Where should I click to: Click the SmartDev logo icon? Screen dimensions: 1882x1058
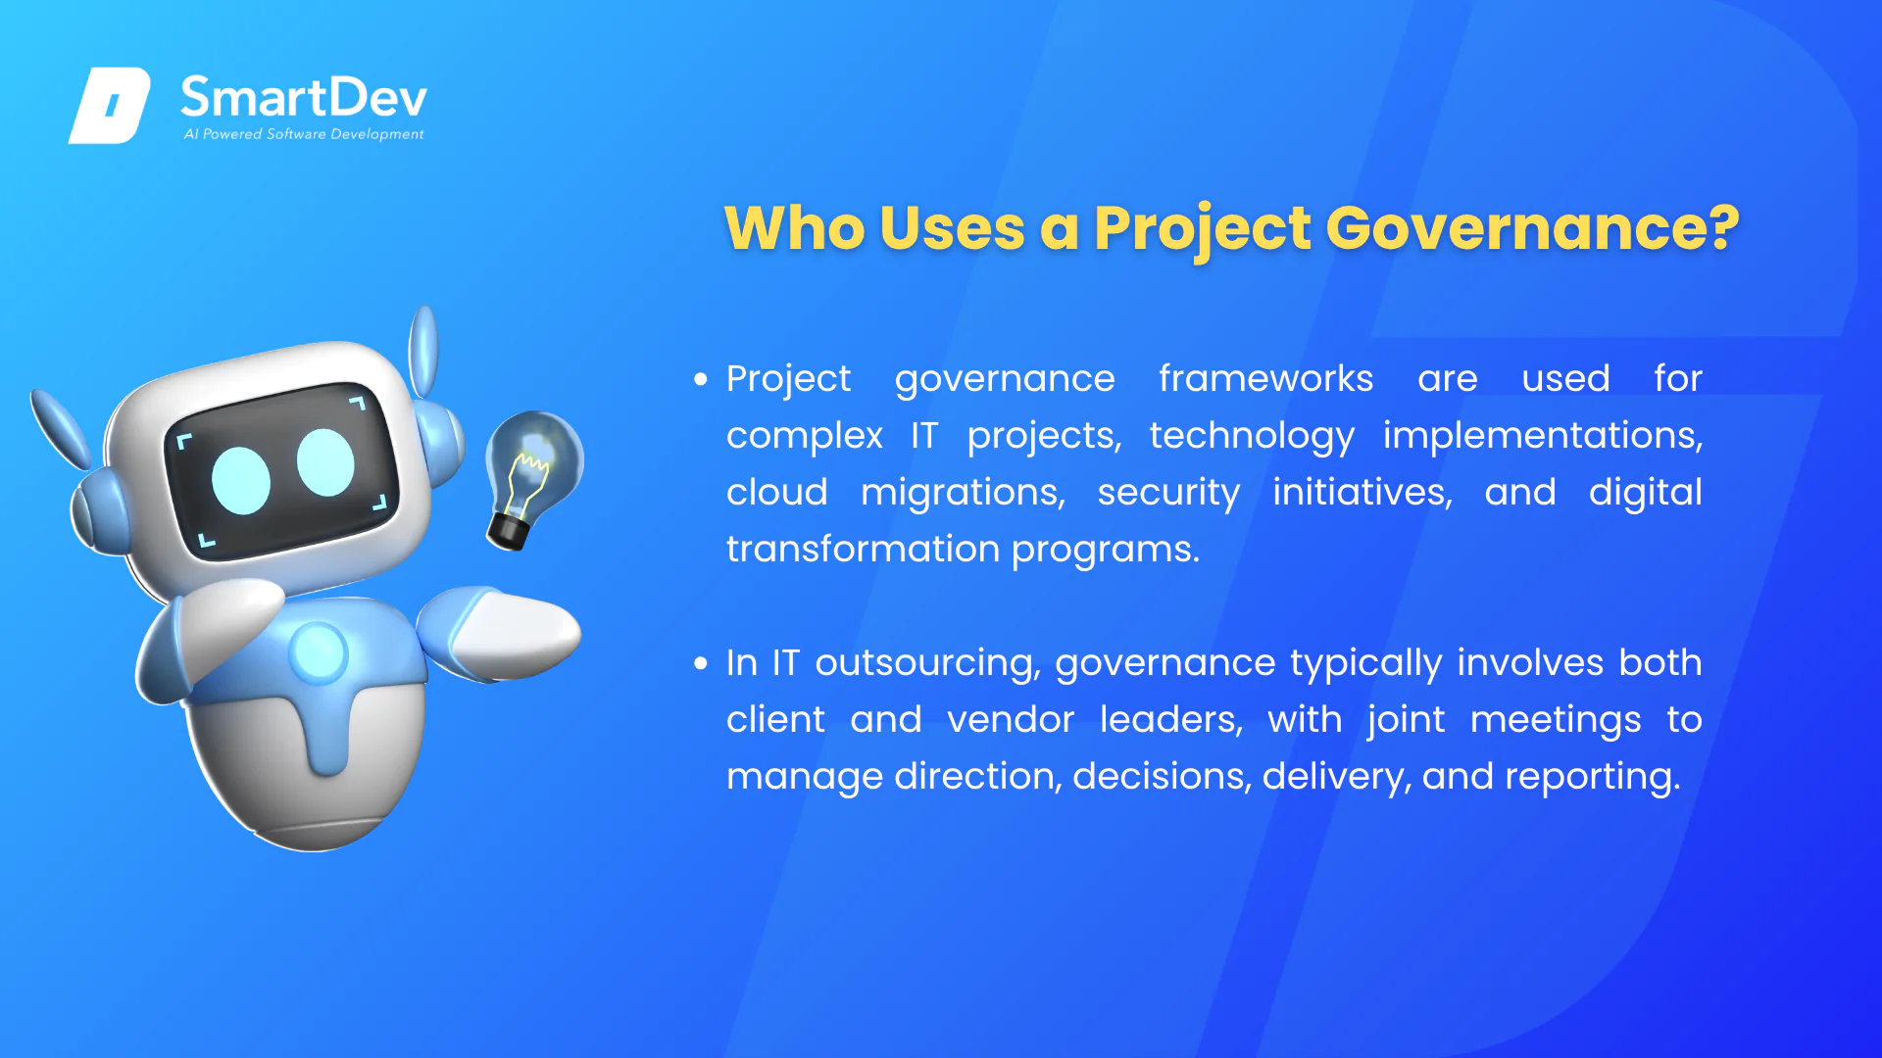110,105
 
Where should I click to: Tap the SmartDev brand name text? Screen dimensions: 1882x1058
304,97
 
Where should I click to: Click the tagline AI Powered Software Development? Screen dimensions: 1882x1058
304,134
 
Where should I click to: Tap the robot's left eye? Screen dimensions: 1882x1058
241,480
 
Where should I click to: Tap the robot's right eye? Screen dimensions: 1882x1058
325,461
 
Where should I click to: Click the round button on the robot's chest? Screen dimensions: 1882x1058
318,651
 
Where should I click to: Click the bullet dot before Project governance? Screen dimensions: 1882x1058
700,379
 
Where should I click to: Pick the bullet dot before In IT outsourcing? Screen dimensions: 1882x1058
700,663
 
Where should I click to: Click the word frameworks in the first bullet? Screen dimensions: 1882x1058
1265,378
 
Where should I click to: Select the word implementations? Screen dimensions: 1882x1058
1542,435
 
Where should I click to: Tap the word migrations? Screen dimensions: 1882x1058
963,493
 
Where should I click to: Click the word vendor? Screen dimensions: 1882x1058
1011,720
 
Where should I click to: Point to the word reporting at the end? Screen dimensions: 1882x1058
1593,777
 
